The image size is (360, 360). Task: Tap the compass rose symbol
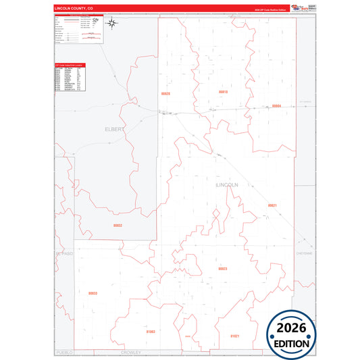[113, 24]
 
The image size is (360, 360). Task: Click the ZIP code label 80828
[165, 93]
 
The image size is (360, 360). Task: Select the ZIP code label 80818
[223, 91]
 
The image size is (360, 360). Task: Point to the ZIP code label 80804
[276, 106]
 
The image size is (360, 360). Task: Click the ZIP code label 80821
[272, 205]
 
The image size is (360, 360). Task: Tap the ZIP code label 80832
[118, 226]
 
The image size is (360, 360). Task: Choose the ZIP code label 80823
[223, 268]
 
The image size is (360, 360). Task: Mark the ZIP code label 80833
[93, 293]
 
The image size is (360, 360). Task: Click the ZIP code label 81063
[150, 332]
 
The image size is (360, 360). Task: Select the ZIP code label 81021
[235, 335]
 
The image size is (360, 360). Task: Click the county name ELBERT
[114, 128]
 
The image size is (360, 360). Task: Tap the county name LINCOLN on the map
[226, 184]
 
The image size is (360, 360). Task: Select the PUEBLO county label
[63, 353]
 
